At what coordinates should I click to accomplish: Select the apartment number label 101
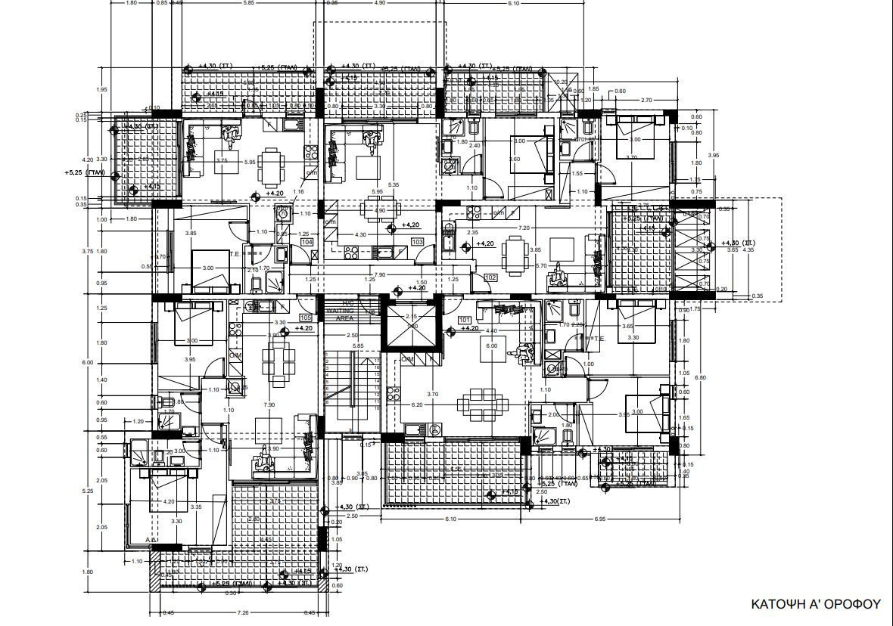[465, 320]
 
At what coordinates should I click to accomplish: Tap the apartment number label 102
[490, 277]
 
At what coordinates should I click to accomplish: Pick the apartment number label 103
[417, 242]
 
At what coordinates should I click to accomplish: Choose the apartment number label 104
[306, 242]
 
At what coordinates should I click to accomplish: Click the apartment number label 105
[306, 318]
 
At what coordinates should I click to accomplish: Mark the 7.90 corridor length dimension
[381, 275]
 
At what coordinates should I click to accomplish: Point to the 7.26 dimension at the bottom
[244, 612]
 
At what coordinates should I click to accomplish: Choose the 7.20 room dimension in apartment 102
[523, 228]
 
